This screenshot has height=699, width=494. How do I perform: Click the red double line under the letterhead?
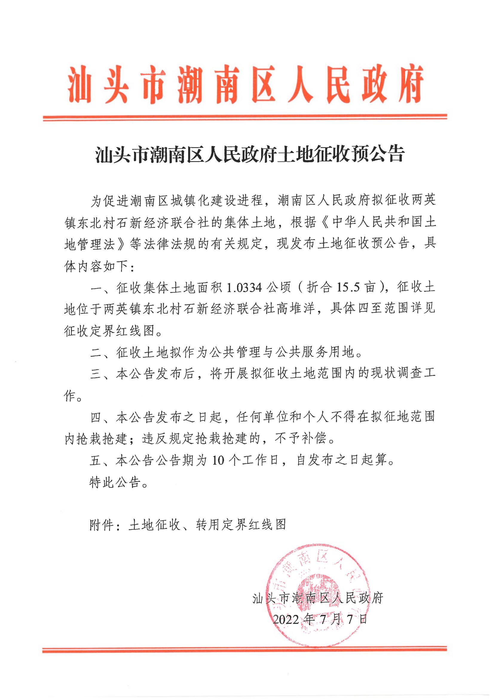click(245, 117)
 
